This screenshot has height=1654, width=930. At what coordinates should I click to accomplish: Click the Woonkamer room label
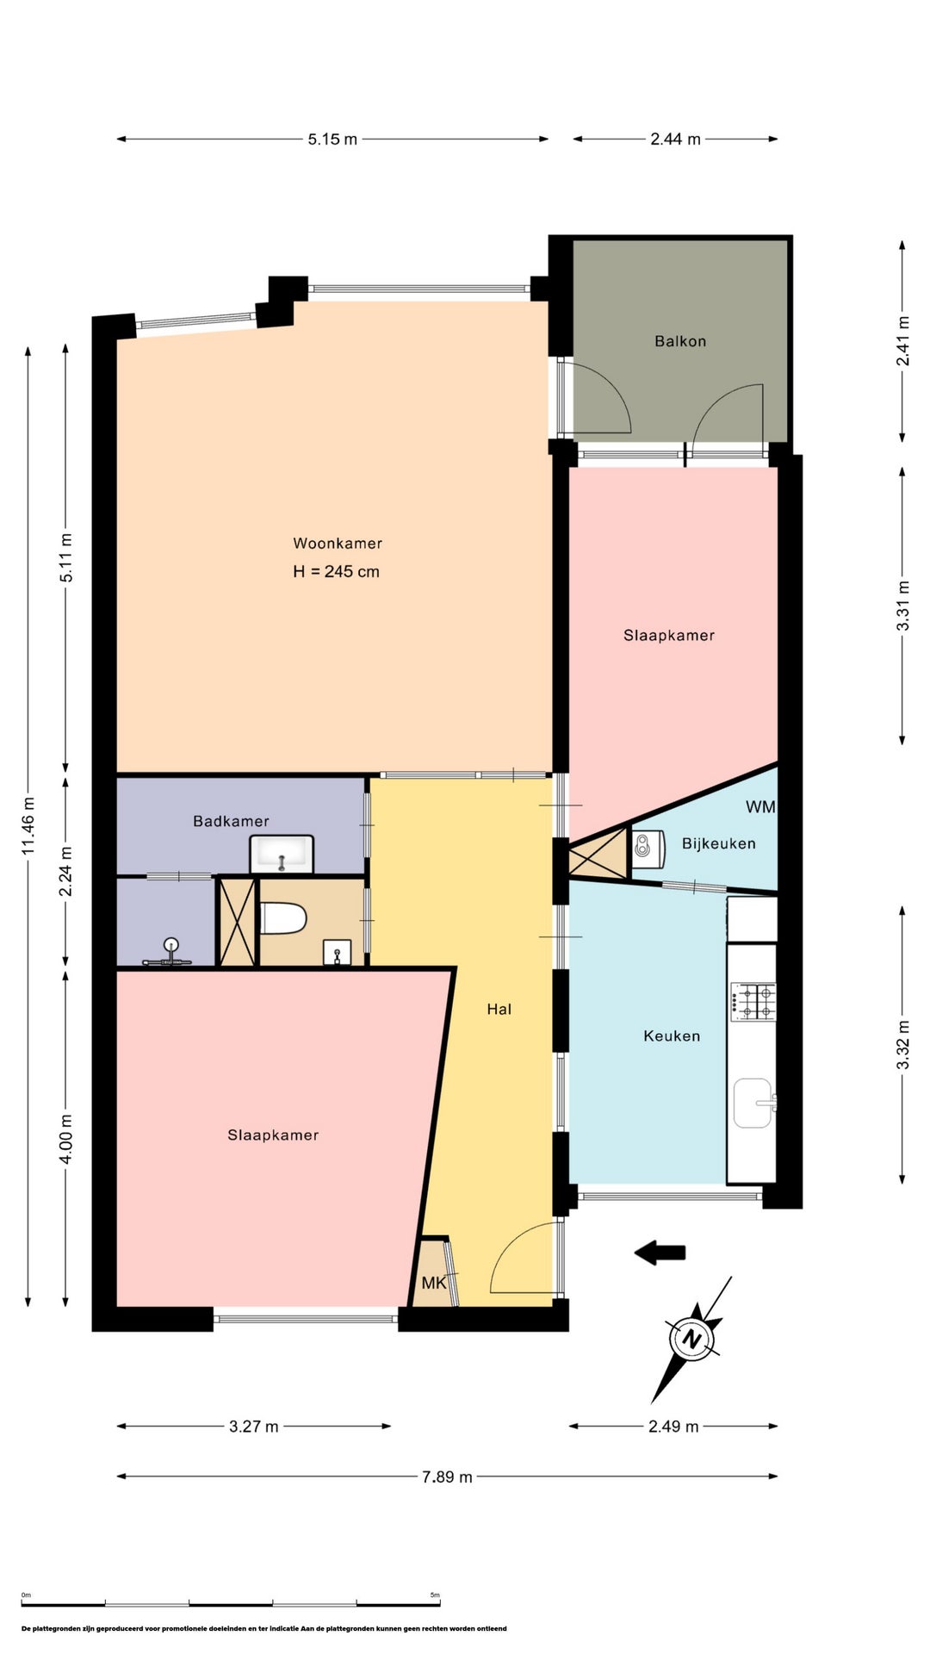(338, 544)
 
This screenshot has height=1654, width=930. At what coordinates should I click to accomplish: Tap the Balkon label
(680, 341)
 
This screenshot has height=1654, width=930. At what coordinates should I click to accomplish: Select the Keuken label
(672, 1036)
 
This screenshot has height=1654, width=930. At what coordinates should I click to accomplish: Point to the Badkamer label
(231, 822)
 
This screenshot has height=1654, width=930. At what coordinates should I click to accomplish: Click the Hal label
(499, 1010)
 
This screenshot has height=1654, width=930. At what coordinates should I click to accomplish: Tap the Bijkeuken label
(719, 844)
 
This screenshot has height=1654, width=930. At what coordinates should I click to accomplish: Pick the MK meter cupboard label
(434, 1284)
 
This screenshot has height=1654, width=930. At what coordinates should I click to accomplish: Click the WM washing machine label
(760, 807)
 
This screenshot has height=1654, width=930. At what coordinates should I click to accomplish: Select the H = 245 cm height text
(336, 572)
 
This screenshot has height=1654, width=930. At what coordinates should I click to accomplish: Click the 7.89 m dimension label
(447, 1477)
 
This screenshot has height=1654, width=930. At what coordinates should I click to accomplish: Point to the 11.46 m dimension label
(29, 825)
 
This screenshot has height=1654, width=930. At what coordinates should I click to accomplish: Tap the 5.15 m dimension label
(332, 140)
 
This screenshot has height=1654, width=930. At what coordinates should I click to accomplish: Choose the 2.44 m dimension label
(675, 140)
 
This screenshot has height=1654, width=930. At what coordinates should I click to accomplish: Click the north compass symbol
(691, 1340)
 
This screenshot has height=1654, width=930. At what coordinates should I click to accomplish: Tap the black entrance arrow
(660, 1253)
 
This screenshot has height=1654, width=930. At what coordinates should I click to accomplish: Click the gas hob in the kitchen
(753, 1002)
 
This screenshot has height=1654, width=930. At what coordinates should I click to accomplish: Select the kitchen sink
(753, 1103)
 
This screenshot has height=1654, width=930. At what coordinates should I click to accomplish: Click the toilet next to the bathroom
(283, 918)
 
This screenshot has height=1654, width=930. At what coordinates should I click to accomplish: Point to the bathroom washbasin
(282, 855)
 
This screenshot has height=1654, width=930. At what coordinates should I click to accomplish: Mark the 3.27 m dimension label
(254, 1427)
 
